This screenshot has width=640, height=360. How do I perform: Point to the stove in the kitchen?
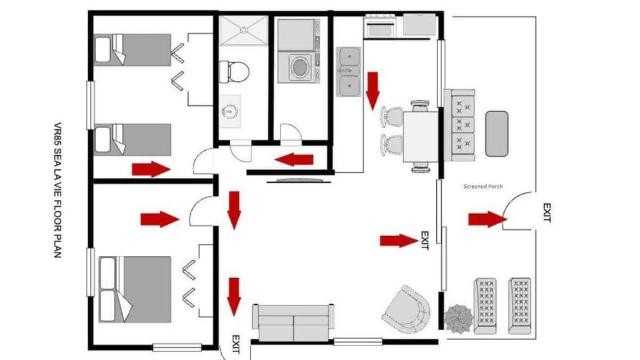[x=381, y=27]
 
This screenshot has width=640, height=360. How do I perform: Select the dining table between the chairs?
[x=420, y=137]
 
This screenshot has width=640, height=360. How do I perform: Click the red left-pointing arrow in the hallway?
[x=294, y=159]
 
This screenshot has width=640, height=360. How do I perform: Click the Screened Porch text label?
[x=483, y=187]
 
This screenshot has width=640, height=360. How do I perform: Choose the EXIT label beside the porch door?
[x=547, y=213]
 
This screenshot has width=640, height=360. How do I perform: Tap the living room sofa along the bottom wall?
[x=293, y=321]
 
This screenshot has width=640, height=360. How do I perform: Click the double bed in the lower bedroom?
[x=135, y=288]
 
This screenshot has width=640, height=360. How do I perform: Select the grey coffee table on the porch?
[x=497, y=133]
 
